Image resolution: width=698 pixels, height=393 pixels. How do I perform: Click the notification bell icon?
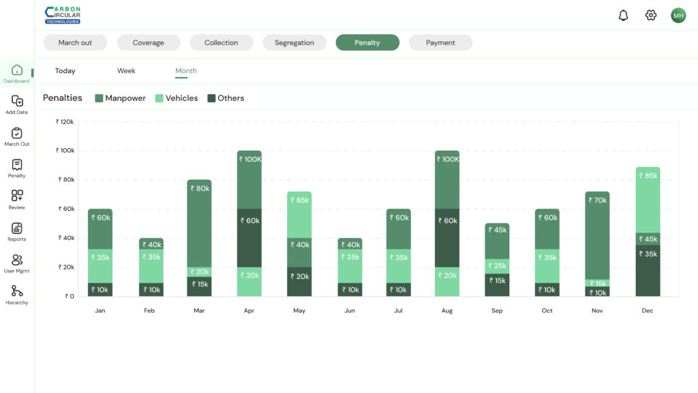click(623, 16)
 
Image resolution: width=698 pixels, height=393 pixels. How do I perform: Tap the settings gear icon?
click(651, 16)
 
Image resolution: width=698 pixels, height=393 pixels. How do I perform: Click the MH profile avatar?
click(678, 16)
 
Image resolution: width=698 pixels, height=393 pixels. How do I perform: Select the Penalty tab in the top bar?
click(367, 42)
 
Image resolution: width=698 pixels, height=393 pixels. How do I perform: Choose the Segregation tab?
click(294, 42)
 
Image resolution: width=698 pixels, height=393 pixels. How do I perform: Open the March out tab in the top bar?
click(75, 42)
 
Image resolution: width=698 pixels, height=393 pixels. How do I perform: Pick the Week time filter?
click(126, 71)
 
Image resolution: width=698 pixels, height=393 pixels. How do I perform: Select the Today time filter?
click(65, 71)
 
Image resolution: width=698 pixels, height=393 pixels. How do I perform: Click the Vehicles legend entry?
click(177, 98)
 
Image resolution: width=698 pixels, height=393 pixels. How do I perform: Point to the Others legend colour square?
click(211, 98)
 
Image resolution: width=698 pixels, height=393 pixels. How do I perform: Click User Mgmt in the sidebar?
click(17, 263)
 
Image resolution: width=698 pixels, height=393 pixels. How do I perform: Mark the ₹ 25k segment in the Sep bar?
click(497, 266)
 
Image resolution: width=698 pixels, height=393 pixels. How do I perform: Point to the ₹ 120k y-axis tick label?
click(65, 122)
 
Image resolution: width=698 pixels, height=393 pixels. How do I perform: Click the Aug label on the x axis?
click(447, 311)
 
